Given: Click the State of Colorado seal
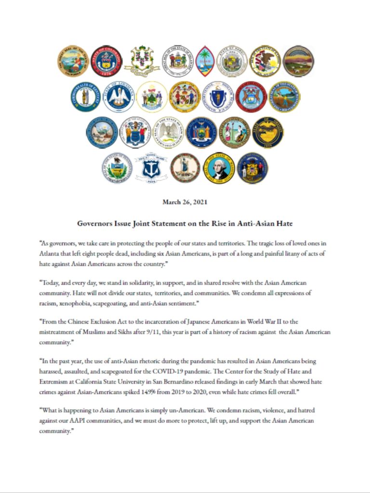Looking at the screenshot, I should [106, 61].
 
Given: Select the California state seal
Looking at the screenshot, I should [73, 61].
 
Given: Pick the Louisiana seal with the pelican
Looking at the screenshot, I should [119, 96].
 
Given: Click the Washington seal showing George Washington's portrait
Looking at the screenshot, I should [219, 168].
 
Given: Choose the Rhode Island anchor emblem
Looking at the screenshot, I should [151, 168].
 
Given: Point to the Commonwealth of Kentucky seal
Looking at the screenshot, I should [85, 96].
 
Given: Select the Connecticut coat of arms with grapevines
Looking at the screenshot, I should [142, 61].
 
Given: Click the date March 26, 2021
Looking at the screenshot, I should [185, 202].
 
